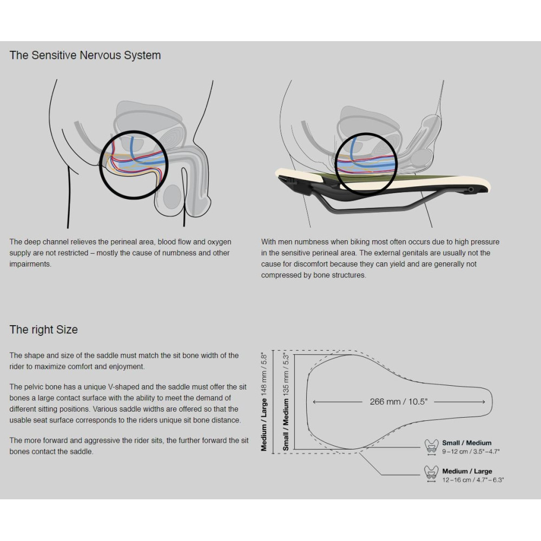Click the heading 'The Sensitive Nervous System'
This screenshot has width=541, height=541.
85,55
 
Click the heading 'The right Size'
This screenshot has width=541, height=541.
44,329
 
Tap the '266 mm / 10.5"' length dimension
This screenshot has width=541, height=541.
399,401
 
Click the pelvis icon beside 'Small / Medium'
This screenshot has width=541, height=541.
431,445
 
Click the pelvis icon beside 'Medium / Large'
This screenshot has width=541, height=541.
431,473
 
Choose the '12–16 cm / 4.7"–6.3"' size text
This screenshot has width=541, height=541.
473,480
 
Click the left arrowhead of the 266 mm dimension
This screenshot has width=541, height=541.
314,402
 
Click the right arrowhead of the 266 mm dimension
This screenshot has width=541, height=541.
483,402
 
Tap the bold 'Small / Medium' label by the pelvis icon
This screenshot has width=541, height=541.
467,443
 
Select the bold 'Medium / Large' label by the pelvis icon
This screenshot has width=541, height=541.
467,471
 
